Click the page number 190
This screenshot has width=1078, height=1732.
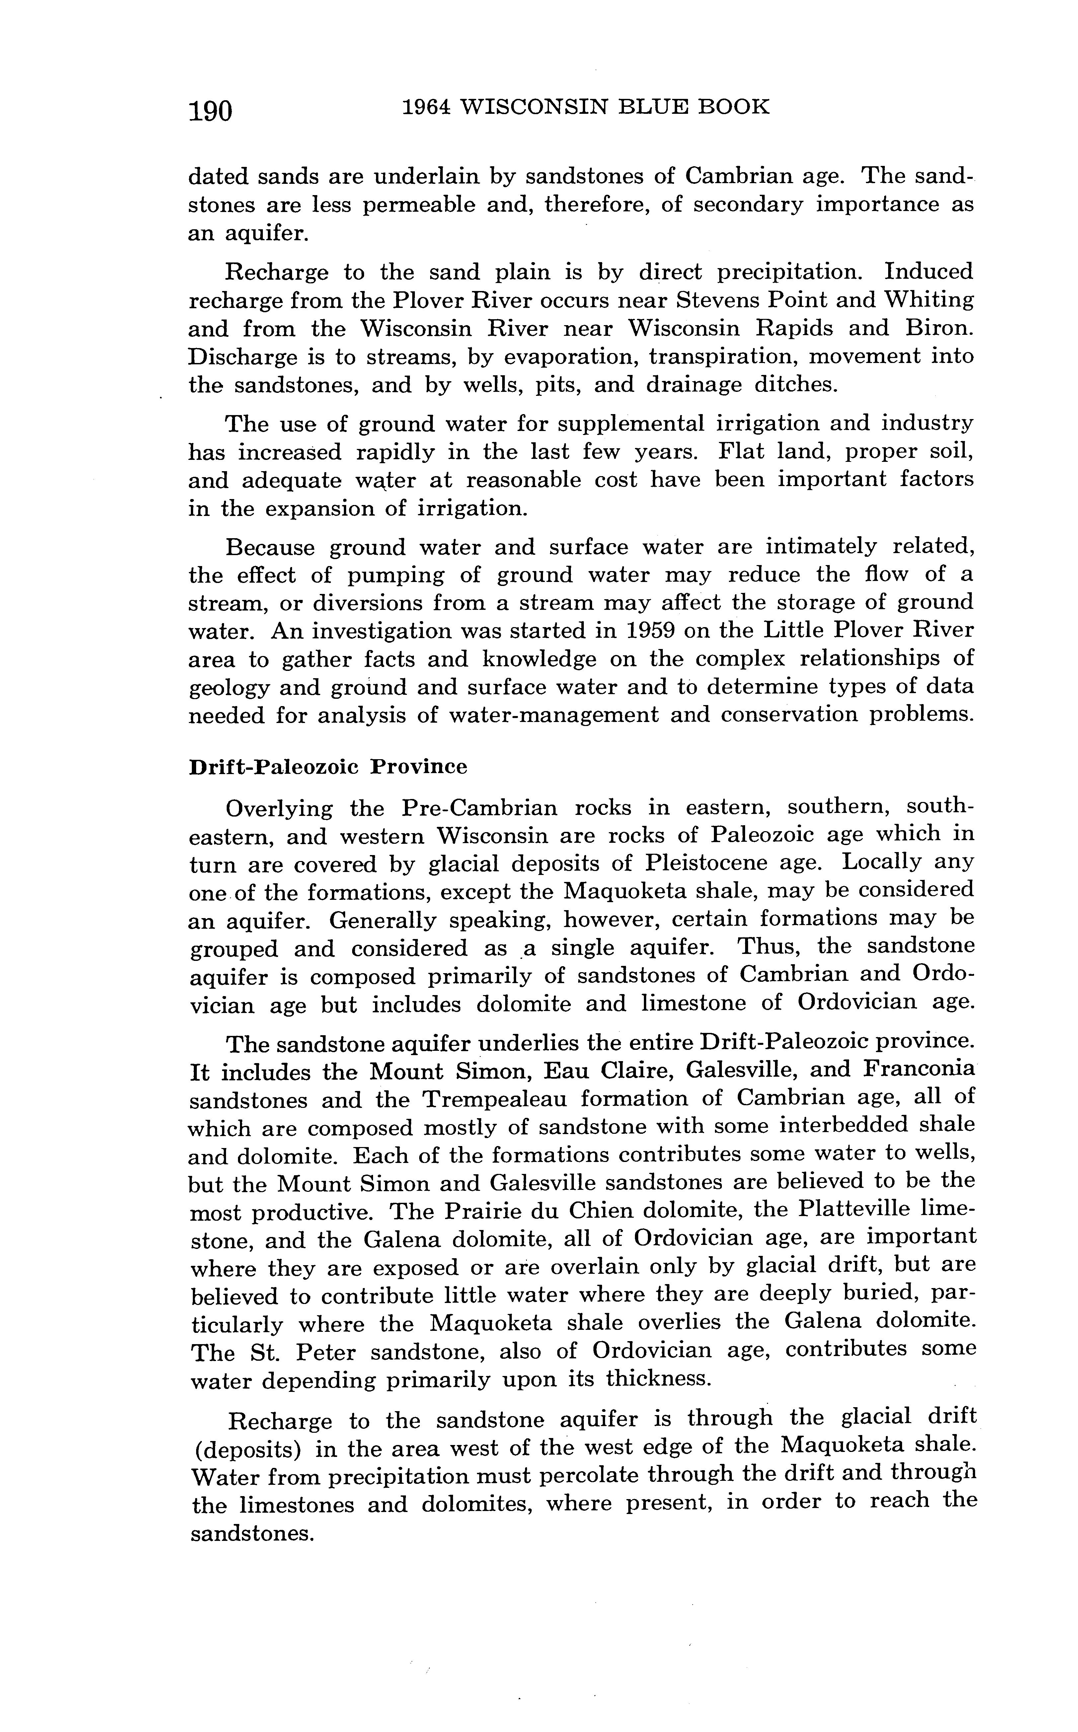click(x=210, y=111)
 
